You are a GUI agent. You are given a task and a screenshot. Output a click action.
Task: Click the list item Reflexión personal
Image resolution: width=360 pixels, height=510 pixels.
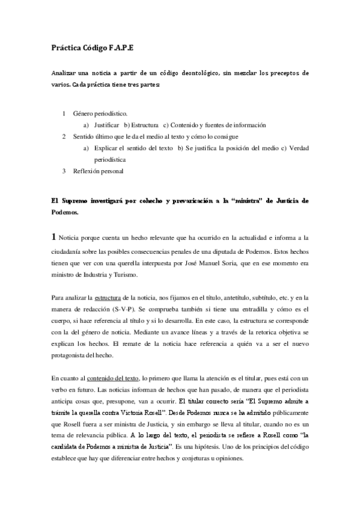[98, 171]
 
